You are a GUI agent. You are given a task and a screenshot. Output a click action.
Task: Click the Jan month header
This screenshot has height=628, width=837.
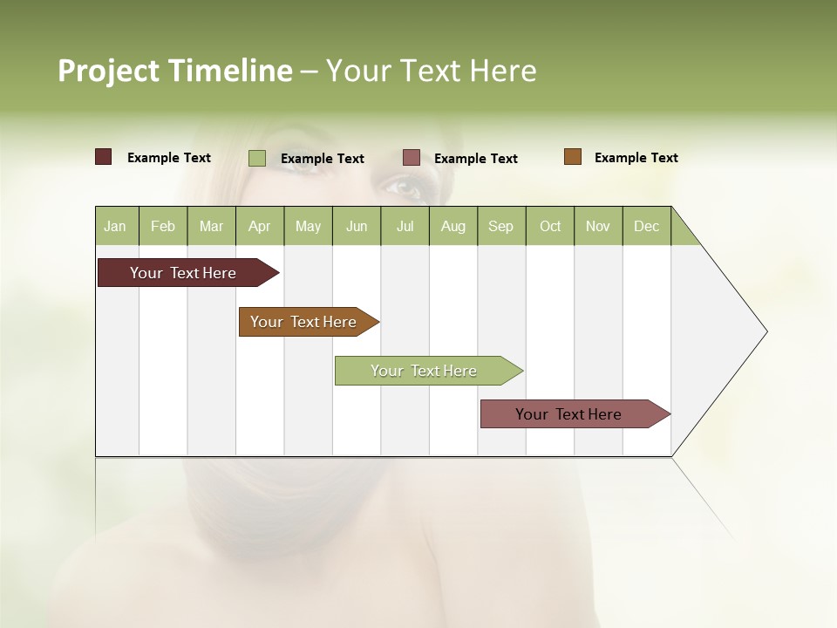pyautogui.click(x=116, y=226)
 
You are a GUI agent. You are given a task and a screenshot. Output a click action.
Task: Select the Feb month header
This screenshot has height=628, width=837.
pyautogui.click(x=163, y=226)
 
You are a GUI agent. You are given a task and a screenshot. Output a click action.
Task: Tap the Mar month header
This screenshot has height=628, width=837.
pyautogui.click(x=211, y=226)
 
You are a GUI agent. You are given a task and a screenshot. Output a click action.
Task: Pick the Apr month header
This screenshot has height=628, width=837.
pyautogui.click(x=260, y=226)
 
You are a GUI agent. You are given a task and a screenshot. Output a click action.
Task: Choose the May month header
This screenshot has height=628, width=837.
pyautogui.click(x=308, y=226)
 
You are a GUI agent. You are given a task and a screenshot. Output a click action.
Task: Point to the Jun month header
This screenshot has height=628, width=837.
pyautogui.click(x=357, y=226)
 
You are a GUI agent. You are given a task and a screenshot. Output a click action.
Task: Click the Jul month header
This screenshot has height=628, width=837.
pyautogui.click(x=405, y=226)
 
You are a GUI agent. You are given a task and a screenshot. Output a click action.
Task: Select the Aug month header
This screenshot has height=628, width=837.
pyautogui.click(x=453, y=226)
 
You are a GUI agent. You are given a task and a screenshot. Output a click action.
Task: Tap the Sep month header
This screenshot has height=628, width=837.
pyautogui.click(x=501, y=226)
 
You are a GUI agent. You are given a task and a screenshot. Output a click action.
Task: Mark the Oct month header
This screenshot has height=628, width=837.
pyautogui.click(x=550, y=226)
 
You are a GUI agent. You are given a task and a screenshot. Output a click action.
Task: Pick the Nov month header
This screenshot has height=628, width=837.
pyautogui.click(x=598, y=226)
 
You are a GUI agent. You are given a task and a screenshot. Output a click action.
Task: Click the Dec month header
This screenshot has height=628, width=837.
pyautogui.click(x=647, y=226)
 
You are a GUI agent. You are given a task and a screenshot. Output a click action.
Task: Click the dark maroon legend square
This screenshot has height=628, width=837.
pyautogui.click(x=104, y=157)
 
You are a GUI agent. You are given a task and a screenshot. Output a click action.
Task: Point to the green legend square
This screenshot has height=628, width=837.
pyautogui.click(x=257, y=158)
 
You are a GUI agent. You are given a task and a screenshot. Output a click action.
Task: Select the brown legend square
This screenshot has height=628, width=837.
pyautogui.click(x=573, y=157)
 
